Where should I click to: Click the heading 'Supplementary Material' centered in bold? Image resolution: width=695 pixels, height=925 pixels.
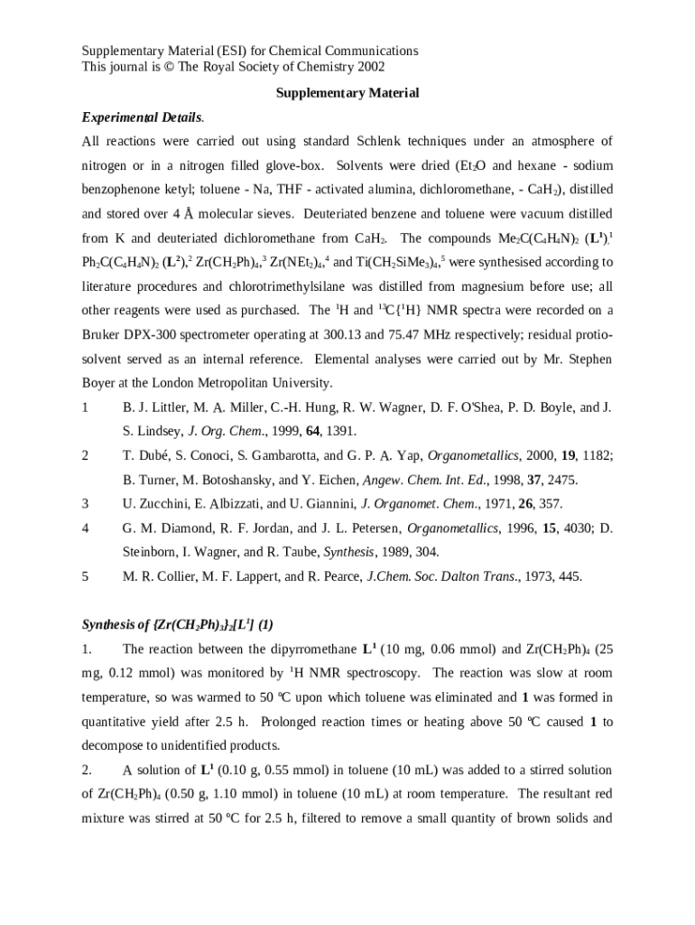[347, 94]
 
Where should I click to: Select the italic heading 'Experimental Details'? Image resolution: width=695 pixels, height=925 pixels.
[142, 118]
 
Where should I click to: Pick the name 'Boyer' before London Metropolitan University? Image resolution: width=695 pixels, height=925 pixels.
[100, 383]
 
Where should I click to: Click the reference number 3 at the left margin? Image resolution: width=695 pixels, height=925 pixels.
[86, 504]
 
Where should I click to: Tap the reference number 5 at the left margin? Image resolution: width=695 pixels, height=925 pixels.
[86, 576]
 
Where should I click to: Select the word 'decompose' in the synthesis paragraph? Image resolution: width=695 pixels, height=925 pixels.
[114, 746]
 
